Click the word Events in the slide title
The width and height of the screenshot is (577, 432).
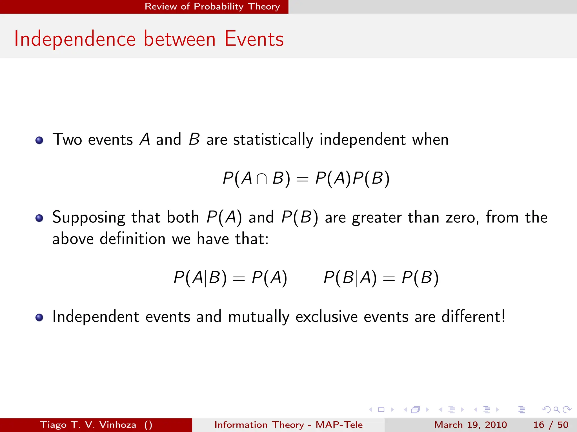coord(254,39)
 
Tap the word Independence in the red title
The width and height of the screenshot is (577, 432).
coord(75,39)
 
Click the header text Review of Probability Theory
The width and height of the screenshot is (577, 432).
coord(212,6)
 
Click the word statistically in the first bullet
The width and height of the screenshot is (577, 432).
coord(273,139)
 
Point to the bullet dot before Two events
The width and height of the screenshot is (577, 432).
coord(39,140)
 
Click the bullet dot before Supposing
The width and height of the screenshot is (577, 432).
coord(39,218)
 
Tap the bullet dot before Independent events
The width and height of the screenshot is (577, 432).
coord(39,317)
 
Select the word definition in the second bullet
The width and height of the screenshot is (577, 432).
coord(133,239)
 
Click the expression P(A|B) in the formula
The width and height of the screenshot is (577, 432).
coord(200,278)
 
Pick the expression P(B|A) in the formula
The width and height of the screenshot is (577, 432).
coord(350,278)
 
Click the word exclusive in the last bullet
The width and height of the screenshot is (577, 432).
coord(327,317)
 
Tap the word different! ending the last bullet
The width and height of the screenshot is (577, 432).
coord(473,317)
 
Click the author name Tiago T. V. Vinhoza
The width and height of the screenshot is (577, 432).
coord(88,425)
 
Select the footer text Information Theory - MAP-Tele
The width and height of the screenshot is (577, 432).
coord(288,425)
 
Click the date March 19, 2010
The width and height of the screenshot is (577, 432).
coord(471,425)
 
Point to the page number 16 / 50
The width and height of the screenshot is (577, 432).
coord(551,425)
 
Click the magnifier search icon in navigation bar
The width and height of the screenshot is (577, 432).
coord(556,409)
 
